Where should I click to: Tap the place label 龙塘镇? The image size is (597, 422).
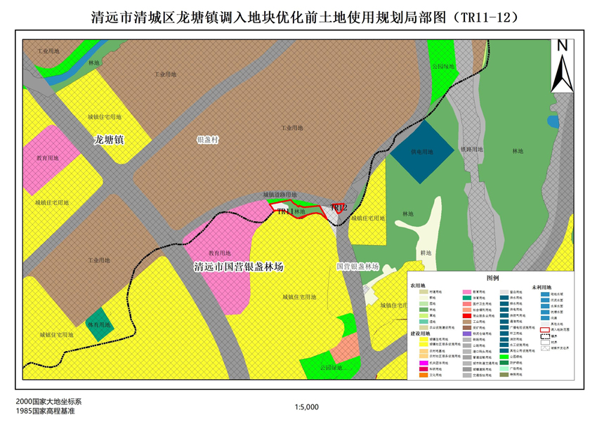click(109, 140)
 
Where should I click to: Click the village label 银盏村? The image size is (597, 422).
click(208, 140)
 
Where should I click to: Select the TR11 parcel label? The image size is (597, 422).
click(285, 211)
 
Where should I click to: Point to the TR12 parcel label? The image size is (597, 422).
click(339, 208)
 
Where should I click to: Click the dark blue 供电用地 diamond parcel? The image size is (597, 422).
click(422, 151)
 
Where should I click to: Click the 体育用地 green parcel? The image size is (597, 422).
click(99, 325)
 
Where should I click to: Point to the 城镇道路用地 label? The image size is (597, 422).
click(280, 194)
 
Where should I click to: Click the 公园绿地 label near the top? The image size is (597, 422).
click(443, 67)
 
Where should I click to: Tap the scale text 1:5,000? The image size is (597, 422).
click(308, 406)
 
